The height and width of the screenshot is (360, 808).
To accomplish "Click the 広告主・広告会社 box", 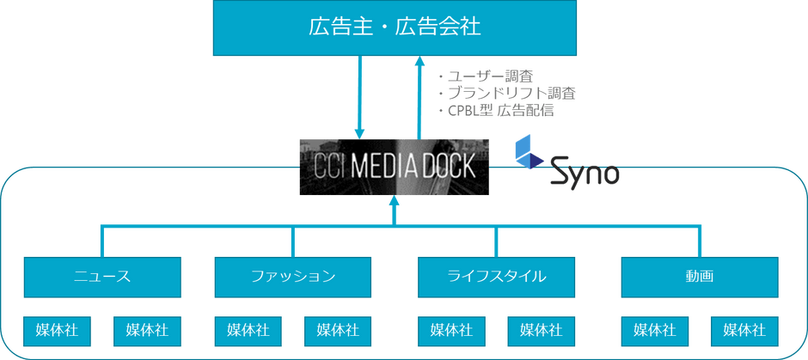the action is pos(395,27).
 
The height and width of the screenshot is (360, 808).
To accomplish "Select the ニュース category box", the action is pos(102,277).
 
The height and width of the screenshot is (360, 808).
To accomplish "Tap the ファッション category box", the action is pos(293,277).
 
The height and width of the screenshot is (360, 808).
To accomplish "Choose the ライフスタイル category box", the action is pos(496,277).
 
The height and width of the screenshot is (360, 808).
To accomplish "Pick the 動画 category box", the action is pos(700,277).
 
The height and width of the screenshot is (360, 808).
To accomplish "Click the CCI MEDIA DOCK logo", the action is pos(395,167).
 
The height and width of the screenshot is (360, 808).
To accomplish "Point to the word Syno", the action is pos(585,172).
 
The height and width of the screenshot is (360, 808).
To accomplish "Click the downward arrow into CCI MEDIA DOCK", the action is pos(360,97).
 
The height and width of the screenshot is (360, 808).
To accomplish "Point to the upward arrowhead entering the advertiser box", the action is pos(420,61).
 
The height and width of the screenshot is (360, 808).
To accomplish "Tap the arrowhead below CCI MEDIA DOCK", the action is pos(395,201).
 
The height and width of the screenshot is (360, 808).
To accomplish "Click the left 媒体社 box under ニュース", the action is pos(58,331).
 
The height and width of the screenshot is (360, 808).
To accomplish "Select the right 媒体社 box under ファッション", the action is pos(338,331).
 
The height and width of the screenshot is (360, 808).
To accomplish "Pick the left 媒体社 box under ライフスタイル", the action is pos(451,331).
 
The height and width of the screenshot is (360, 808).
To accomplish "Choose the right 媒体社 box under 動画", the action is pos(744,331).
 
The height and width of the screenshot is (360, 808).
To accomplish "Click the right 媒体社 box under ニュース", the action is pos(147,331).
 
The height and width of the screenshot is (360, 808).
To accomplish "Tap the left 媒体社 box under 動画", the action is pos(654,331).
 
